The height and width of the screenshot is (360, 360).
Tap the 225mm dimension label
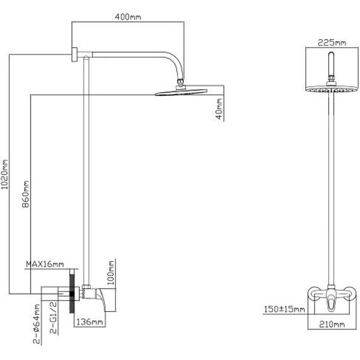click(332, 43)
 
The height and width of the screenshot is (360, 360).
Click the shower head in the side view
click(180, 92)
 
